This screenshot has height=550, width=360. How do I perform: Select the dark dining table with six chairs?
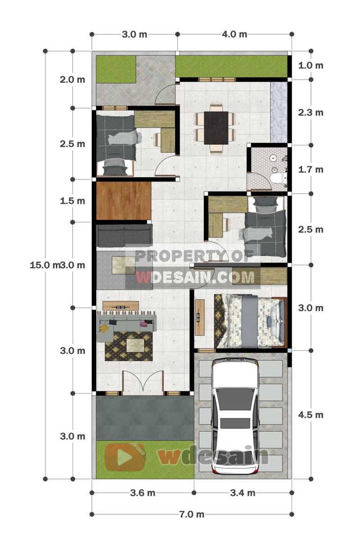(216, 128)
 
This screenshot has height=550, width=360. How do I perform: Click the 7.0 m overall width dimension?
(192, 514)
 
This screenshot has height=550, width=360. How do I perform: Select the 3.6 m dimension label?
(143, 493)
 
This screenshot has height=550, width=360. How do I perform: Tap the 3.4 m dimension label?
(243, 493)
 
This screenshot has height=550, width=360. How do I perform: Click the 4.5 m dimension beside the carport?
(310, 415)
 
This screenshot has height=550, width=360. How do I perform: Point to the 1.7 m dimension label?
(310, 170)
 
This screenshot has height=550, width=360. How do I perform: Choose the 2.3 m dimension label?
(310, 112)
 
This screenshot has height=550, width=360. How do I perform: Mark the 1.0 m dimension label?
(310, 65)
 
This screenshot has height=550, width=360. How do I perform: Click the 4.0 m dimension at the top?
(234, 34)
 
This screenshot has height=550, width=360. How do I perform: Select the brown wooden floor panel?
(123, 201)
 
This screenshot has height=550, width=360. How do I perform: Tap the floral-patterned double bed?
(250, 321)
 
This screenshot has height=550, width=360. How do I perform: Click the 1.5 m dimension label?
(72, 201)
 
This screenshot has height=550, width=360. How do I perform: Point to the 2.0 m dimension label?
(72, 80)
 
